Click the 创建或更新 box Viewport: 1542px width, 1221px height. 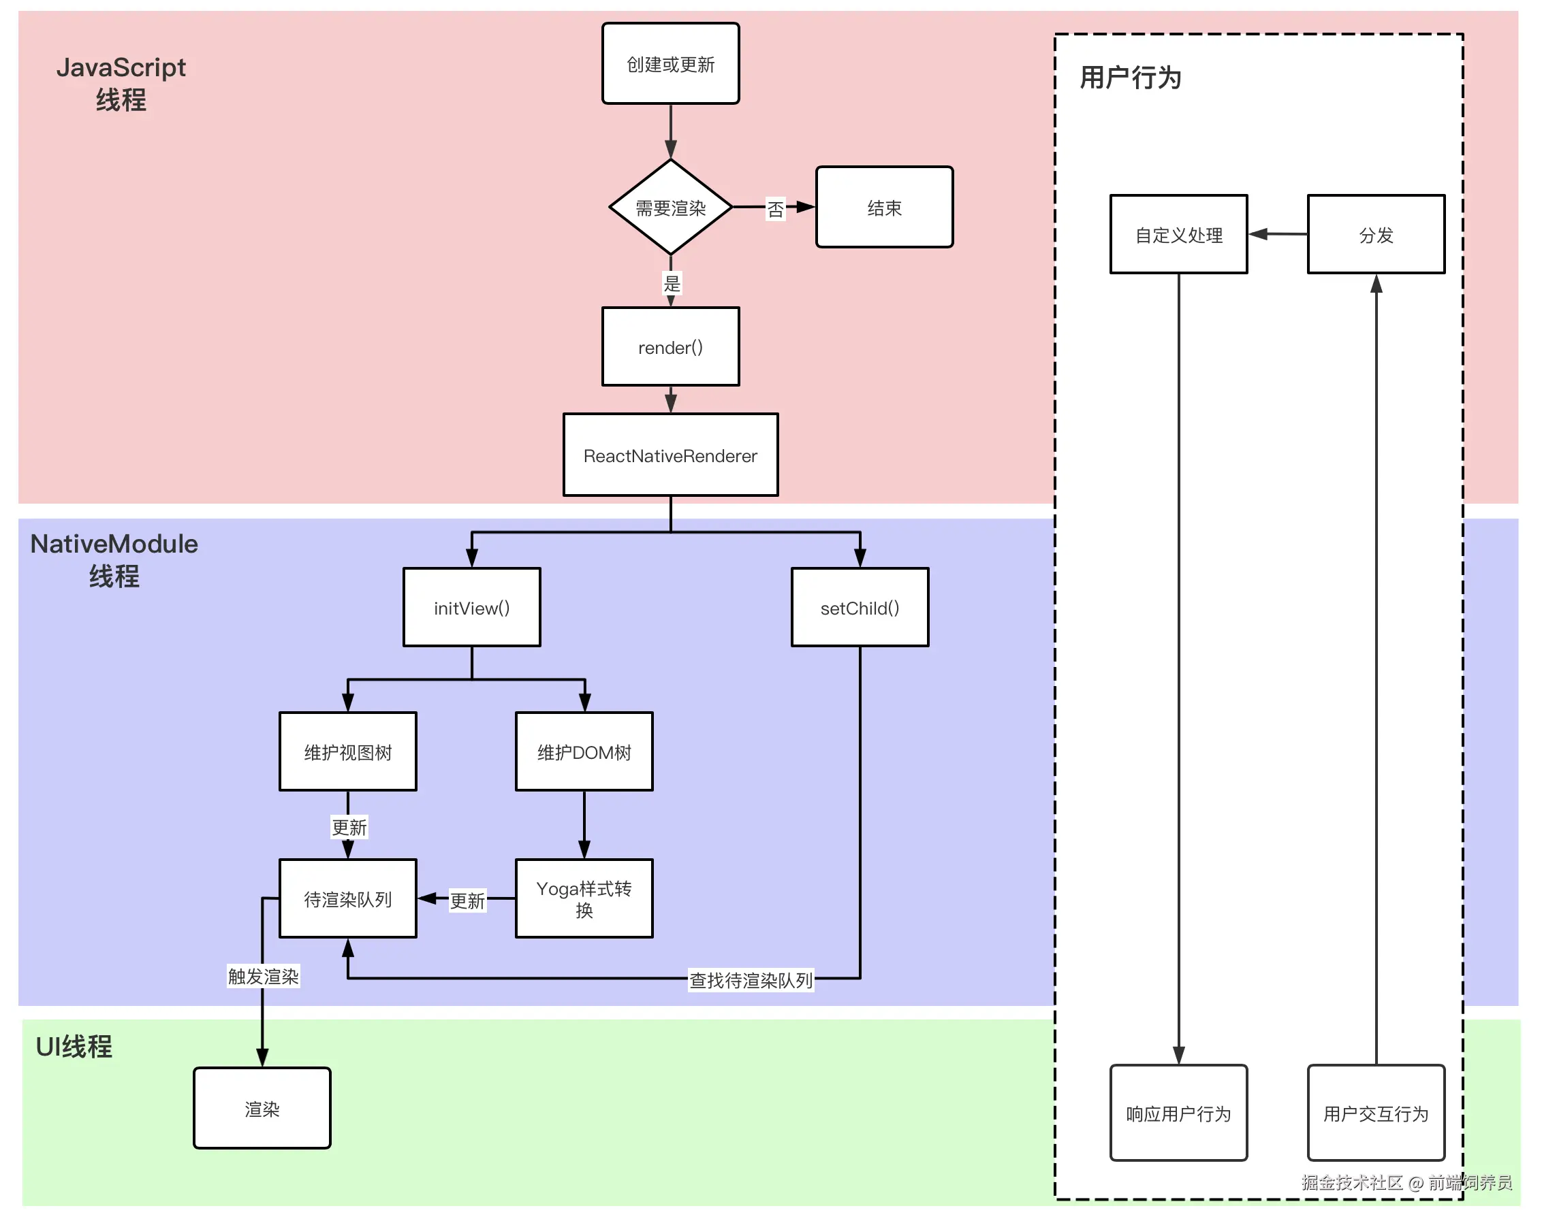pos(670,63)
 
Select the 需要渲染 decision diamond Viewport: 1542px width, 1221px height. pos(670,208)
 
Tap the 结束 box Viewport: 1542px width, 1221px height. pos(884,208)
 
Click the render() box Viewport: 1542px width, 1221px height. pos(670,346)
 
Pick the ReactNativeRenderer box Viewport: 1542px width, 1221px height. pos(670,455)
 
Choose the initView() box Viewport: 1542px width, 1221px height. pos(471,608)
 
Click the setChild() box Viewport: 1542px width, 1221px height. pos(860,608)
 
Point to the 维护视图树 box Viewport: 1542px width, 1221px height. pos(347,751)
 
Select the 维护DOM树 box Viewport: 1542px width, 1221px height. pos(584,751)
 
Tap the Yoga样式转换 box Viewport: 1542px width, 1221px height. pos(584,898)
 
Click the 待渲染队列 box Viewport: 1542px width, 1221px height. pos(347,898)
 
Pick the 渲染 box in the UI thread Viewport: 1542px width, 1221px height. pos(262,1109)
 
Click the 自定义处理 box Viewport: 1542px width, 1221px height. pos(1179,235)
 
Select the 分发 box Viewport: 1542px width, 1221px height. pos(1376,235)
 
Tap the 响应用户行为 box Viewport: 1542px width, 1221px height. pos(1179,1113)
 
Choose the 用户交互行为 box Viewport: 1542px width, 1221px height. pos(1376,1113)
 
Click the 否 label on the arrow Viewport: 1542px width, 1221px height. pos(775,209)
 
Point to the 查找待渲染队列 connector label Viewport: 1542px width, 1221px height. pos(751,980)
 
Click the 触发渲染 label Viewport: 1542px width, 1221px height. pos(263,976)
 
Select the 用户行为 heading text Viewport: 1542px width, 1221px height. pos(1130,77)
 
